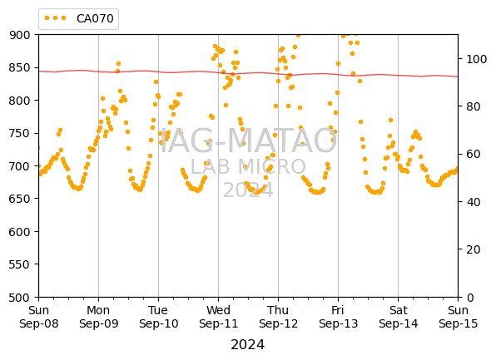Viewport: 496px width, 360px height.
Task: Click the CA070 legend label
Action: [x=95, y=18]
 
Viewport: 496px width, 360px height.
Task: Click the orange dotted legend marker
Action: [x=56, y=18]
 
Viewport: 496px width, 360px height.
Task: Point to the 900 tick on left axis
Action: [x=19, y=35]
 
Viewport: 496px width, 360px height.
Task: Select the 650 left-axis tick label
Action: [x=19, y=199]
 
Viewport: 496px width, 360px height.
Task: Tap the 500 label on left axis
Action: [x=19, y=298]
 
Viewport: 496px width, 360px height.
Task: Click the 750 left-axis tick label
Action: [x=19, y=133]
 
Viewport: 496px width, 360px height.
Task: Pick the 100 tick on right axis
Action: [x=476, y=59]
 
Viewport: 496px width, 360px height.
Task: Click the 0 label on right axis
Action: [x=469, y=298]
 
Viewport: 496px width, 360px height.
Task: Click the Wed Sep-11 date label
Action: [x=218, y=317]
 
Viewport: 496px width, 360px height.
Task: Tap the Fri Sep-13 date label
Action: [x=338, y=317]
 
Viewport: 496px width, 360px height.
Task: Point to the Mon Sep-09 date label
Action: [x=98, y=317]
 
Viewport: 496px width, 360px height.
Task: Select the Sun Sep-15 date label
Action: [x=458, y=317]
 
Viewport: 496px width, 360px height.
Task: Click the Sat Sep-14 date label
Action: [x=399, y=317]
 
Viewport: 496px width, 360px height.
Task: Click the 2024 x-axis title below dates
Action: [x=248, y=344]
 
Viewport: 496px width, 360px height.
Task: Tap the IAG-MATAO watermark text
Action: [x=249, y=141]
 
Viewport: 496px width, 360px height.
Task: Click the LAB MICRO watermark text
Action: [x=248, y=166]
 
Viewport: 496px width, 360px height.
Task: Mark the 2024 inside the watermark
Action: [x=248, y=190]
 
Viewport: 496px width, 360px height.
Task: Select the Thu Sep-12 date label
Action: [x=278, y=317]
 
